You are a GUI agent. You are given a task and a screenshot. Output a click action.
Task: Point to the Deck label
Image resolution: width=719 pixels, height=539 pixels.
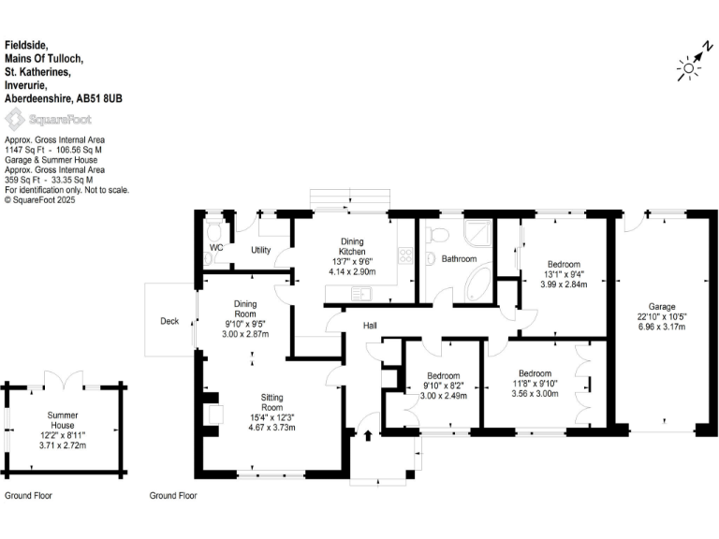[x=169, y=321]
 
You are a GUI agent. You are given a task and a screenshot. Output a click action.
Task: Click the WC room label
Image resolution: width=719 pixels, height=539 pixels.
[x=216, y=248]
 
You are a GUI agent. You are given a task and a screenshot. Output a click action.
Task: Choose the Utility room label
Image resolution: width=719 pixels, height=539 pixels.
[x=260, y=250]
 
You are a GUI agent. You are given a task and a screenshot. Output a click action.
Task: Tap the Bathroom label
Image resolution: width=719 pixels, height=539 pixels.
[x=460, y=259]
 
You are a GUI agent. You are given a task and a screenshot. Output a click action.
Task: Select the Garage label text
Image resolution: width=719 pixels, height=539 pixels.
[x=662, y=306]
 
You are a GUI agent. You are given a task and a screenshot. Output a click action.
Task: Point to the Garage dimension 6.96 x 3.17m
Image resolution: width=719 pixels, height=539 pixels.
[x=662, y=327]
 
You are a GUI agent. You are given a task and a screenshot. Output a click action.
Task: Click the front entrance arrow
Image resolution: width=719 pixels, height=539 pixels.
[x=367, y=434]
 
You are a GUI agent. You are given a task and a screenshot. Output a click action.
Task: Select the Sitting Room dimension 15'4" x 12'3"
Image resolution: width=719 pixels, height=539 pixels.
[x=271, y=417]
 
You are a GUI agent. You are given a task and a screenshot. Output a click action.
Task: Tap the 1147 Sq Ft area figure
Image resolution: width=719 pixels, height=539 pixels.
[x=24, y=149]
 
